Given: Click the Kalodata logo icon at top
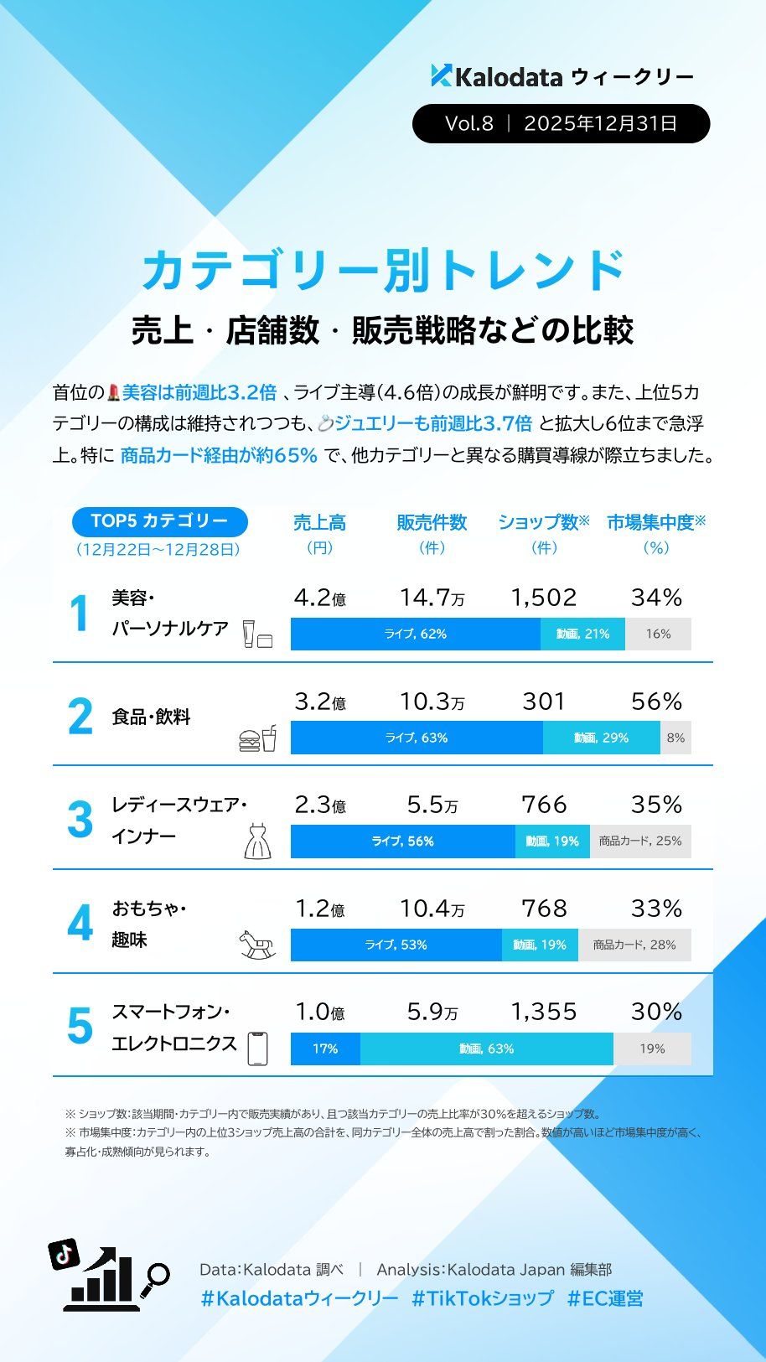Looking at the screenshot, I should [441, 75].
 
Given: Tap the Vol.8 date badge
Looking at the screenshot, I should [561, 124].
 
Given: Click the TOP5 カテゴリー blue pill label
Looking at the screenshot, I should [159, 521].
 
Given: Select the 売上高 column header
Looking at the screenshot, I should [319, 523].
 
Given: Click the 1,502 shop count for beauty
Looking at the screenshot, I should [544, 598].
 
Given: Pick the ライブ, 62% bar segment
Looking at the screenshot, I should [415, 634].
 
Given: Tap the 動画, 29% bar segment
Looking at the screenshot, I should [601, 738].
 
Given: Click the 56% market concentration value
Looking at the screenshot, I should [656, 702].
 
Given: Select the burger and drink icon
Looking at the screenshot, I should [257, 738].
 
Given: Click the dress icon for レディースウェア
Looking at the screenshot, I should [257, 842].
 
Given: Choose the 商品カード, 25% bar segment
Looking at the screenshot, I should [640, 842].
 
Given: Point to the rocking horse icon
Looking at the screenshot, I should [257, 945].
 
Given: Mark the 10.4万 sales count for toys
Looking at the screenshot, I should [432, 909].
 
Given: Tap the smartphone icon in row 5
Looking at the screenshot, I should [258, 1048].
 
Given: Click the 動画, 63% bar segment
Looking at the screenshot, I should [486, 1049].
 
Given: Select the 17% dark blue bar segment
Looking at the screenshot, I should [325, 1049].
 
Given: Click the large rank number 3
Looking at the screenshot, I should [80, 820].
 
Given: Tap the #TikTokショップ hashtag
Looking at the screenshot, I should [482, 1298].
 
